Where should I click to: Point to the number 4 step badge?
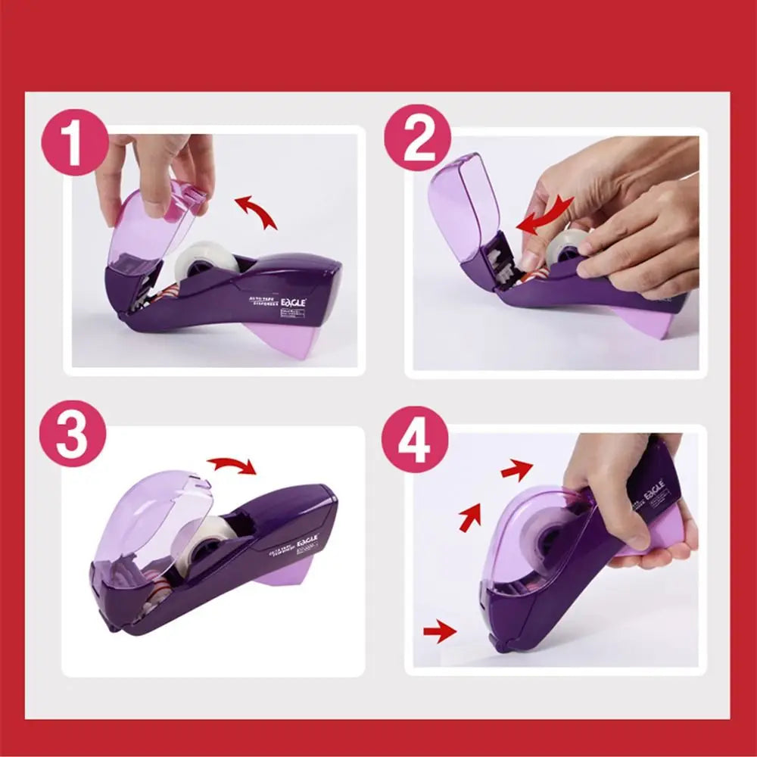[x=414, y=441]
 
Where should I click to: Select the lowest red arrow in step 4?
[x=440, y=630]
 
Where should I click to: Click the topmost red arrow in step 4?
[x=516, y=470]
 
